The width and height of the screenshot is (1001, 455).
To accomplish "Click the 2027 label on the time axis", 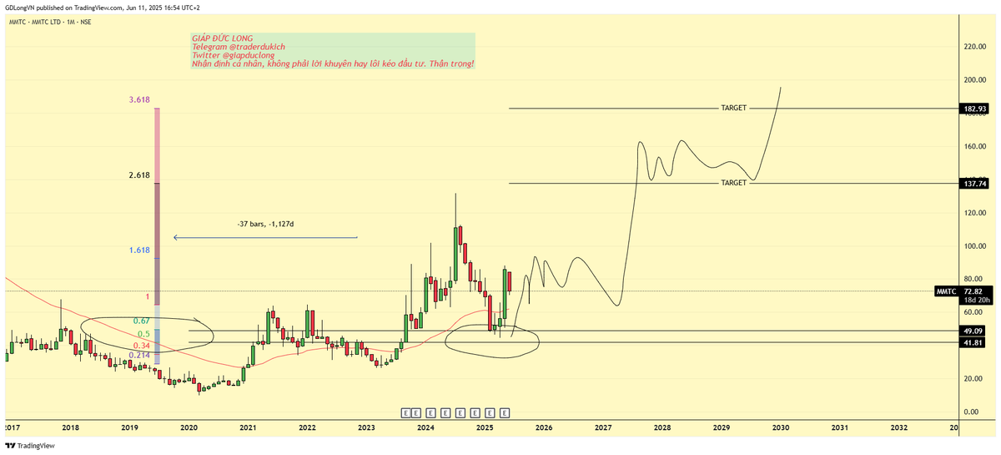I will (x=603, y=427).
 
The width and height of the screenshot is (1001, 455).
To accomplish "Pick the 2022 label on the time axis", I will (x=307, y=427).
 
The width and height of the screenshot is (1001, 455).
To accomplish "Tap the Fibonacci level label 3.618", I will (x=139, y=99).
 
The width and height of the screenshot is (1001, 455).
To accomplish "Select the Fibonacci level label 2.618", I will (x=139, y=175).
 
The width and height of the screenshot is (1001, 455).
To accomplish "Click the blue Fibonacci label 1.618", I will (x=139, y=250).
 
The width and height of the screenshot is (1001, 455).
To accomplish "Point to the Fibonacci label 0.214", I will (x=139, y=355).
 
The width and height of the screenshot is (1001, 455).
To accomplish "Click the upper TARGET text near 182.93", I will (x=733, y=109).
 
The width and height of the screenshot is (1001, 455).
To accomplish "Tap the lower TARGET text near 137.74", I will (x=733, y=183).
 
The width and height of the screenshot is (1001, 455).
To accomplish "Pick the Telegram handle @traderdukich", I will (x=249, y=47).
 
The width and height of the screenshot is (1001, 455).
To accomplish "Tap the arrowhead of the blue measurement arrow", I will (x=175, y=238).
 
